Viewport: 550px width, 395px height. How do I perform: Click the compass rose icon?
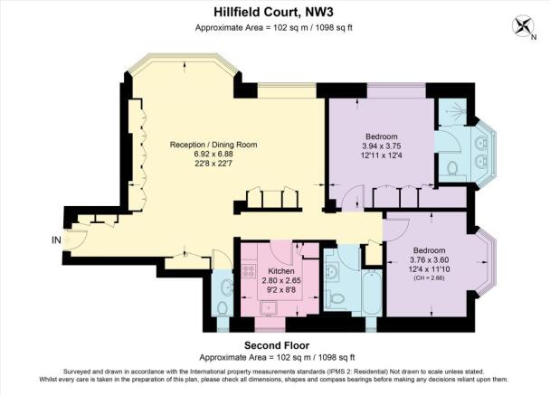(x=523, y=26)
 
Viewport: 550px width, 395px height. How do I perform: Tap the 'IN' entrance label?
(x=56, y=240)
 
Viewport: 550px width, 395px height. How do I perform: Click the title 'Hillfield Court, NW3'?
(x=273, y=13)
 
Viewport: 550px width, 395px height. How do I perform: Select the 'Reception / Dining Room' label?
(x=213, y=145)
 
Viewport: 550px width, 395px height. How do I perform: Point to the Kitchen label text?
(x=281, y=271)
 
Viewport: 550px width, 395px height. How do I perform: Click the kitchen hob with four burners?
(x=249, y=270)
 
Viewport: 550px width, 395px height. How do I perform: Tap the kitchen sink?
(x=269, y=308)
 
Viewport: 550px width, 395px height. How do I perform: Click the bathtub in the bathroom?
(x=372, y=292)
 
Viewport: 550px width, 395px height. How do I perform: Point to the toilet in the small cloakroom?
(x=222, y=308)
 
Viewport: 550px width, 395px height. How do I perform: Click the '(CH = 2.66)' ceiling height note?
(x=429, y=278)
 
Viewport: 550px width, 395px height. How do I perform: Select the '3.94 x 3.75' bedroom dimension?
(x=381, y=146)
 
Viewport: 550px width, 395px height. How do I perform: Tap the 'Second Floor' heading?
(x=277, y=345)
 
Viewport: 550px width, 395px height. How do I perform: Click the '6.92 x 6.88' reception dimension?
(x=213, y=154)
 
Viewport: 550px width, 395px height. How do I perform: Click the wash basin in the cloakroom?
(x=226, y=287)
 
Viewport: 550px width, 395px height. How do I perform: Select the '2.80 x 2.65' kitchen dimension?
(x=281, y=281)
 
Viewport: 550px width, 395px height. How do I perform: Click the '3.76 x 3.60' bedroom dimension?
(x=429, y=260)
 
